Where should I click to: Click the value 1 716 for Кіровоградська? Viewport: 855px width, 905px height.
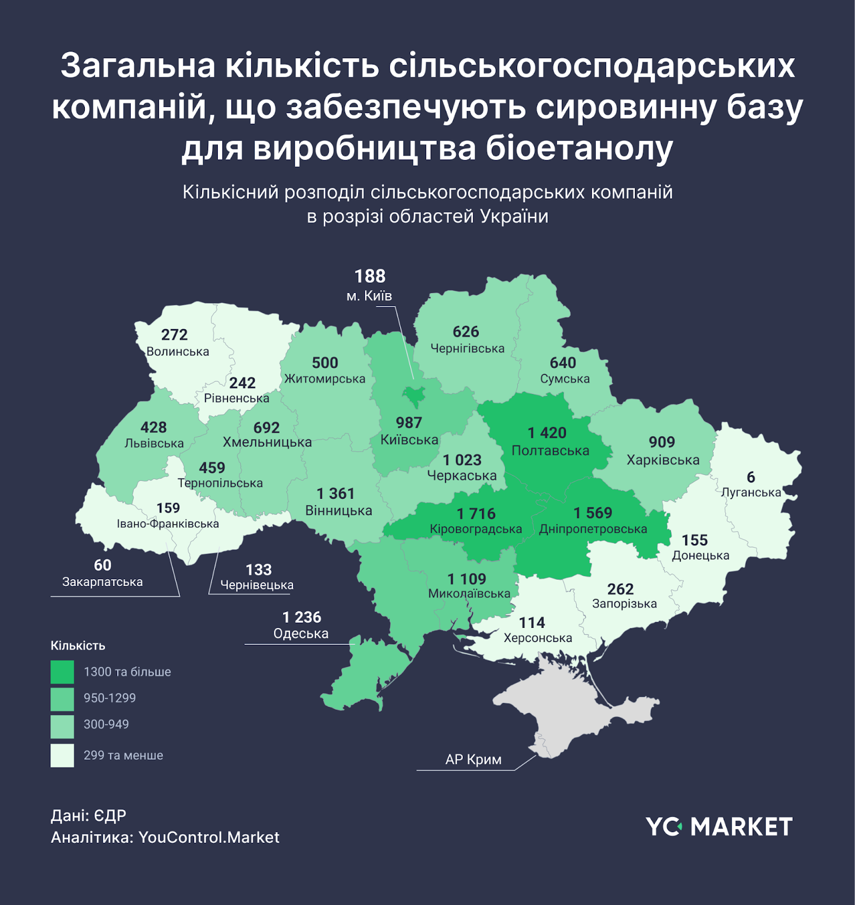476,514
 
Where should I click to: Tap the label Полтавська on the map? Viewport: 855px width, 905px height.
550,451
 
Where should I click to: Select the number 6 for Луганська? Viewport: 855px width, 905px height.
751,477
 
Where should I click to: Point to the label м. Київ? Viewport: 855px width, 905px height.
369,296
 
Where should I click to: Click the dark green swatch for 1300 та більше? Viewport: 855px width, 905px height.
62,672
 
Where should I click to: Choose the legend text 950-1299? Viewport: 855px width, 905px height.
110,698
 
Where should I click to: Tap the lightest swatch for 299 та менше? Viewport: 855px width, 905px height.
62,755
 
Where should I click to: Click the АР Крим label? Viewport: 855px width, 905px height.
473,759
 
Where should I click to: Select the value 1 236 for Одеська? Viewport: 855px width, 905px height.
302,617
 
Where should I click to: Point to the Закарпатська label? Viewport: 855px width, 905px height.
102,581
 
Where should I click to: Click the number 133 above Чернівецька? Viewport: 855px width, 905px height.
259,570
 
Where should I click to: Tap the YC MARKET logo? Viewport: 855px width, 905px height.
719,826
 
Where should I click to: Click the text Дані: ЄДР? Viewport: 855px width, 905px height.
89,815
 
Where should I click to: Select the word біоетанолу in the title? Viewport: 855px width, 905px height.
579,149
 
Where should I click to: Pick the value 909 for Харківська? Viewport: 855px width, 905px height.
661,442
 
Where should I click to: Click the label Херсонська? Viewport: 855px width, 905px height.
538,638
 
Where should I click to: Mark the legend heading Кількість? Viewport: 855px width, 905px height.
78,645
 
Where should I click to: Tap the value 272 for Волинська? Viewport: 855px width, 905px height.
174,335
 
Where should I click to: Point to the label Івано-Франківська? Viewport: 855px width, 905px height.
167,524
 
